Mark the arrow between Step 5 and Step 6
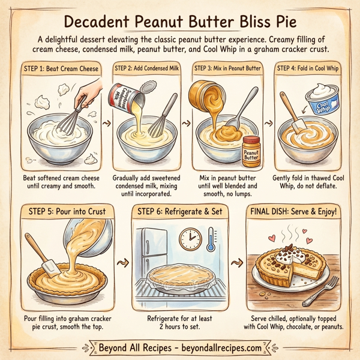(x=124, y=263)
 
